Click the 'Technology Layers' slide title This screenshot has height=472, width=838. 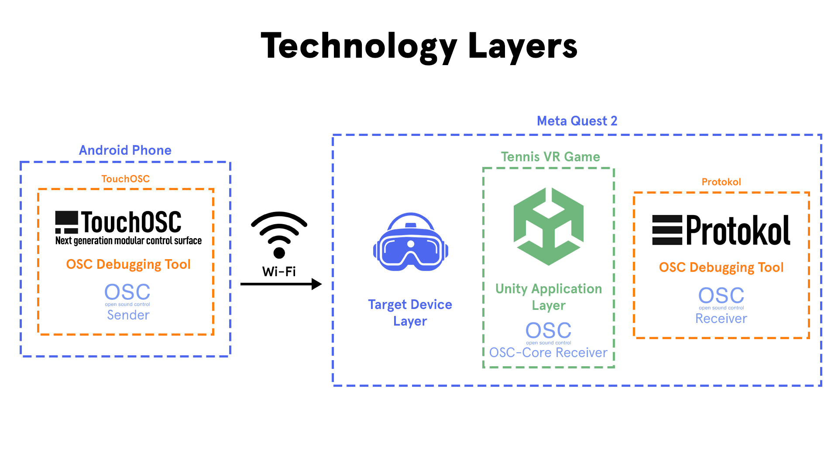[x=419, y=46]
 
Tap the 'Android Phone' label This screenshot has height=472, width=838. [x=125, y=150]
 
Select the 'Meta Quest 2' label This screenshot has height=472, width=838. [x=577, y=121]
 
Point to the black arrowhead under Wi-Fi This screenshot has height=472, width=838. [x=316, y=284]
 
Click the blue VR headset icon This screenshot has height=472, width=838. [x=411, y=242]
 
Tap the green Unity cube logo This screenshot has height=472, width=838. [x=549, y=226]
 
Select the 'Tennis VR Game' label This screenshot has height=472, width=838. [x=550, y=157]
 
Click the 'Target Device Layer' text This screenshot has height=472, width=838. [x=410, y=312]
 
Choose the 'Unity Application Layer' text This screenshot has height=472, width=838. [x=549, y=297]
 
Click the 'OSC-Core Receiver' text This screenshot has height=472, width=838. [x=548, y=352]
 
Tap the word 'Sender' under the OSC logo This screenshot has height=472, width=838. [x=128, y=315]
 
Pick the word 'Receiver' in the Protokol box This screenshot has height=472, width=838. [x=721, y=319]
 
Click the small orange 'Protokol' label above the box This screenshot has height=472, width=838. [x=721, y=182]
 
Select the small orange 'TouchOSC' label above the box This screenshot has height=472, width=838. [x=126, y=179]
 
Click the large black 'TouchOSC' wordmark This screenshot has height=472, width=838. [x=131, y=222]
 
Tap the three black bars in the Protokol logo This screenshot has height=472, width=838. [x=667, y=230]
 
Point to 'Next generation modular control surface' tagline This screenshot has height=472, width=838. [x=128, y=241]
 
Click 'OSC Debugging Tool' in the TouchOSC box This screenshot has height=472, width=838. [x=128, y=264]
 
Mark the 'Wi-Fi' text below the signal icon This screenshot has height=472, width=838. [x=279, y=272]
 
